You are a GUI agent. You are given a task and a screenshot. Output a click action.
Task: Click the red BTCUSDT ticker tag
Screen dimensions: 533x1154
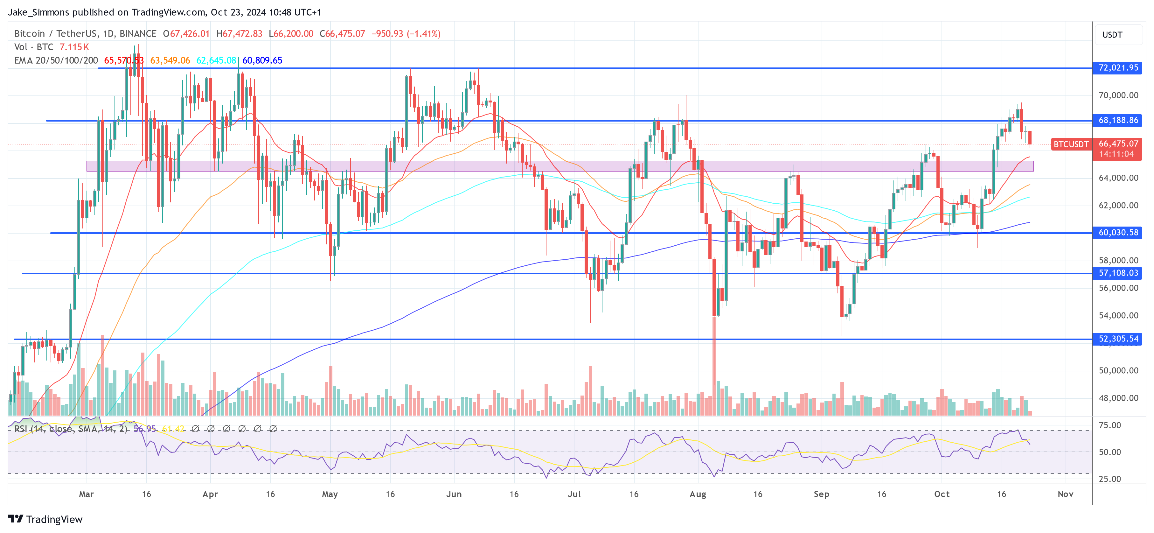1071,144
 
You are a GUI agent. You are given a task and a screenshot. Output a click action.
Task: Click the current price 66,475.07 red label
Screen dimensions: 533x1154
1118,144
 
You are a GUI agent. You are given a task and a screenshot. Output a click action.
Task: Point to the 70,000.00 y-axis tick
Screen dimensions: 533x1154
1118,95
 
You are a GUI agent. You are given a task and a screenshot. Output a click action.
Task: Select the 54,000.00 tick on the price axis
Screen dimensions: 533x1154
1118,315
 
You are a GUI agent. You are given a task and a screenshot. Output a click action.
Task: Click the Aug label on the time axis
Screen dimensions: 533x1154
698,494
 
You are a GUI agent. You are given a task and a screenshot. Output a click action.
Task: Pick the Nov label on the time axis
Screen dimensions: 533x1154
1065,494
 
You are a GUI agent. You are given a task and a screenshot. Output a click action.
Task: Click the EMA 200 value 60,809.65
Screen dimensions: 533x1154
262,60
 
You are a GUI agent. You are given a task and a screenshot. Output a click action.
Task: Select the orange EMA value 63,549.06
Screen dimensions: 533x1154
170,60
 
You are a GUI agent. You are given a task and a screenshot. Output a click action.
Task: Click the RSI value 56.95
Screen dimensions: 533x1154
145,429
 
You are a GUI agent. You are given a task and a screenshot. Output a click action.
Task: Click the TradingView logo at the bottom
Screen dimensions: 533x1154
45,519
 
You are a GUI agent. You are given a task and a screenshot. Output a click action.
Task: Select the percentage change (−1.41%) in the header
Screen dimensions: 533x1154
423,34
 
